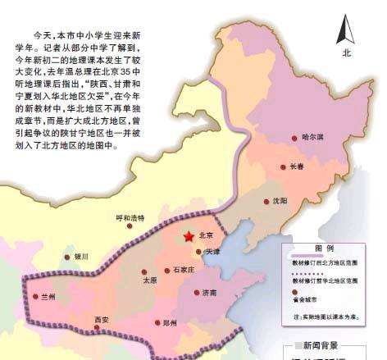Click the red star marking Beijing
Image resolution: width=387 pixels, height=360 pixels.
click(x=190, y=236)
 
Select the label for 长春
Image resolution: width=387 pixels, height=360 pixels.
click(x=297, y=166)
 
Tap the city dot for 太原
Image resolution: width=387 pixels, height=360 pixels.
click(x=144, y=271)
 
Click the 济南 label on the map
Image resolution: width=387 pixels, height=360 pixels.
click(x=209, y=293)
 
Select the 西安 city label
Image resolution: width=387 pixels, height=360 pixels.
click(x=102, y=319)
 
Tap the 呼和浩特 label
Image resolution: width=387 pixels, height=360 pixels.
click(x=130, y=218)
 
